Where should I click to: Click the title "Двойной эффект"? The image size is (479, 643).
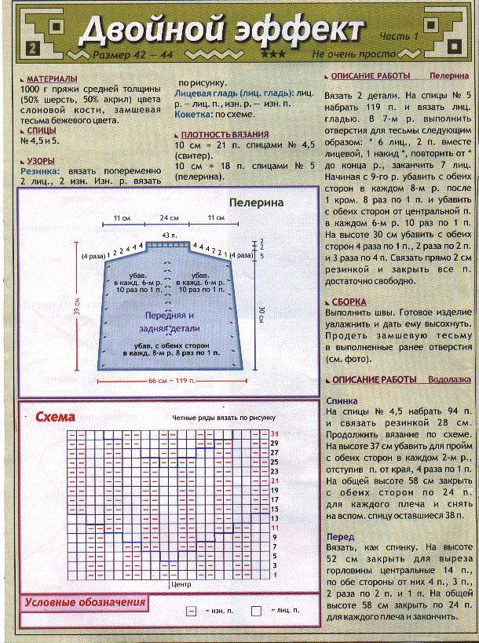coord(223,31)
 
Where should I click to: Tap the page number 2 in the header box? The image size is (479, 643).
coord(31,48)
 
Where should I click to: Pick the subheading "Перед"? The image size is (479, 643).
coord(339,537)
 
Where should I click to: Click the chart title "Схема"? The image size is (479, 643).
coord(56,418)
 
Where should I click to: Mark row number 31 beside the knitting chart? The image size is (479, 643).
coord(275,433)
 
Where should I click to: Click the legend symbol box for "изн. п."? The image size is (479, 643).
coord(191,610)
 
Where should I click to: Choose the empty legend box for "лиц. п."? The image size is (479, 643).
coord(256,610)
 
